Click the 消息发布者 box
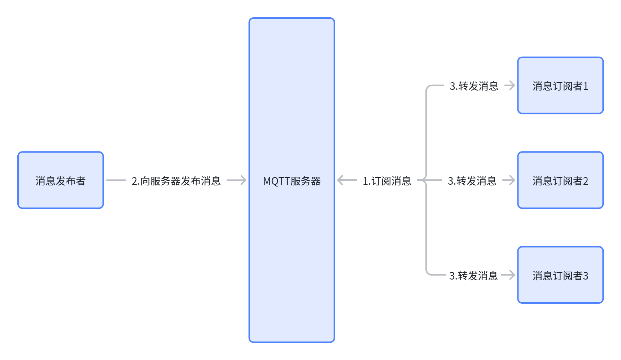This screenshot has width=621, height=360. point(61,180)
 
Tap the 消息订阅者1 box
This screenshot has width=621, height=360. point(560,85)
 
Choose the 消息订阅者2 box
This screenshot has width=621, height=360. point(560,180)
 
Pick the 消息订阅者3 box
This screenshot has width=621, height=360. point(560,275)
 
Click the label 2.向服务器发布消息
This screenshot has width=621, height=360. point(176,181)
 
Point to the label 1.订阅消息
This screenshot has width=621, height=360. point(387,181)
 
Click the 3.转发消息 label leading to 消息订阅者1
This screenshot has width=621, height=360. point(474,86)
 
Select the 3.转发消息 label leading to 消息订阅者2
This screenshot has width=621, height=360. point(472,181)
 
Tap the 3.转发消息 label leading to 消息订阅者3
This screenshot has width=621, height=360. point(473,276)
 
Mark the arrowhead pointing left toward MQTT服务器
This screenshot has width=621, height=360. point(341,180)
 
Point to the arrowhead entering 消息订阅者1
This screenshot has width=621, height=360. point(511,85)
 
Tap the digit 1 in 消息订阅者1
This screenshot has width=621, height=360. point(586,86)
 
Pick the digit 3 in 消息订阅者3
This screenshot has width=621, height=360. point(586,276)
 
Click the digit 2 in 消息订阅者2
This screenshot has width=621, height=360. point(586,181)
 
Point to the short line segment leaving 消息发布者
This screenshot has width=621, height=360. point(116,180)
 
